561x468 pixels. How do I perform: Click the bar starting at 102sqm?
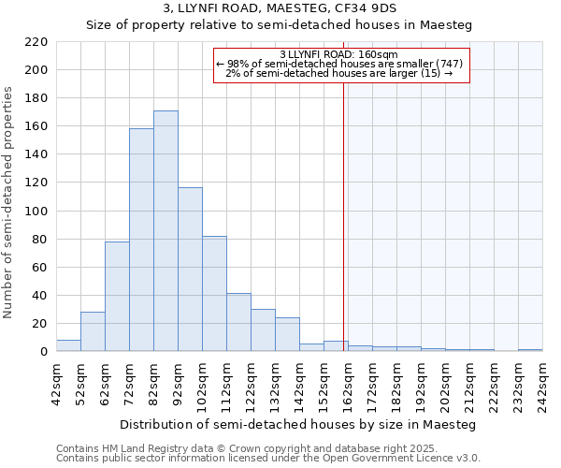point(214,294)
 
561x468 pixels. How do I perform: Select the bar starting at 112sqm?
point(238,322)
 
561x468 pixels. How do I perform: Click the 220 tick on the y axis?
point(36,42)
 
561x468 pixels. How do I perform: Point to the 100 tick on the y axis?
point(36,212)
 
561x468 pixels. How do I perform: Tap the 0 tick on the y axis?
point(43,352)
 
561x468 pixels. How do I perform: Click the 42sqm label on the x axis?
point(56,383)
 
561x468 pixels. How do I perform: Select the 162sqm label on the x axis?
point(348,383)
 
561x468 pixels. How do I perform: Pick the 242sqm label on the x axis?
point(542,383)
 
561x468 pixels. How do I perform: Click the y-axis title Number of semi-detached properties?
point(9,202)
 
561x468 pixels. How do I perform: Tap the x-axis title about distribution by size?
point(299,424)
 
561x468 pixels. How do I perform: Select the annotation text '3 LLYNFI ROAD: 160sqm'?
point(338,54)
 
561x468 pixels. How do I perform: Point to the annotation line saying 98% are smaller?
point(338,64)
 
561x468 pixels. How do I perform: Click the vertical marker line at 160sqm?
point(344,215)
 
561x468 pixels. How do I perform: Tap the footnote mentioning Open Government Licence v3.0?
point(268,458)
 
